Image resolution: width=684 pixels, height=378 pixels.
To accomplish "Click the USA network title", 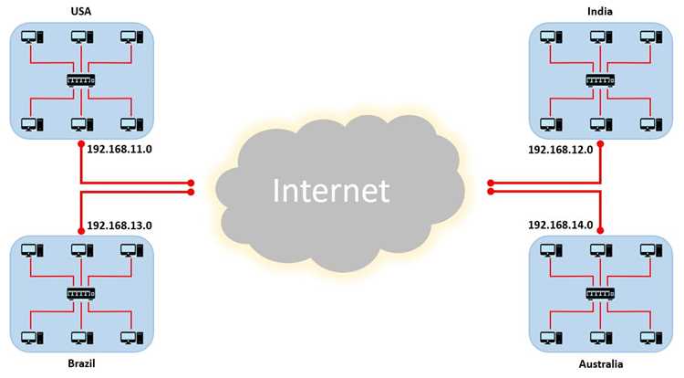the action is (x=80, y=11).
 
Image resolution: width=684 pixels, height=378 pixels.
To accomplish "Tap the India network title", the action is (x=600, y=11).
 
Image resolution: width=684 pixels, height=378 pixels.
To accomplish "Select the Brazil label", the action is (x=81, y=363).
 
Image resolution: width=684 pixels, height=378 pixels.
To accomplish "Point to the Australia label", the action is (x=601, y=363).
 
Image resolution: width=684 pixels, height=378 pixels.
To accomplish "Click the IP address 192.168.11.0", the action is (x=119, y=149).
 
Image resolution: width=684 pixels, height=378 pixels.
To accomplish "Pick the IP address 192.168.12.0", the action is (x=561, y=150).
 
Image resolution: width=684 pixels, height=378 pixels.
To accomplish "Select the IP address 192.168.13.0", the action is (x=119, y=226).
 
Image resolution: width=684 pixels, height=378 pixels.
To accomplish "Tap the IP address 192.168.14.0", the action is (x=561, y=225).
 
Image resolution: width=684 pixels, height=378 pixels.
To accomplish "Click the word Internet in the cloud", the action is (x=331, y=190).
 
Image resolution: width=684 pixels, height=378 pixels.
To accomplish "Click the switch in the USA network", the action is (x=80, y=80).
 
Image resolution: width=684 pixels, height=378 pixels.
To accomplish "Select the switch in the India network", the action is (x=600, y=80).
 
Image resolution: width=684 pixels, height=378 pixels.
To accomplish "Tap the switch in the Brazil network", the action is (x=80, y=294).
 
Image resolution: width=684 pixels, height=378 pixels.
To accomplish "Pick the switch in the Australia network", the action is (x=600, y=294).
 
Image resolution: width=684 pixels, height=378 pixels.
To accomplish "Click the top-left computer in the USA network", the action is (x=32, y=37).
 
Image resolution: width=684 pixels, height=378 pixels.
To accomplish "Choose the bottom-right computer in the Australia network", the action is (x=651, y=338).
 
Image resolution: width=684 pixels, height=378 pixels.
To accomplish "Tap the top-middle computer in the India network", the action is (x=601, y=37).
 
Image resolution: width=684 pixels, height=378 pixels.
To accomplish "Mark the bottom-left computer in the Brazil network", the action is (x=32, y=338).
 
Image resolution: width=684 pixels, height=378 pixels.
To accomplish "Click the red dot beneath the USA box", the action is (x=81, y=144).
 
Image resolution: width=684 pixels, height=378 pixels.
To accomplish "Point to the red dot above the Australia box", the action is (x=600, y=230).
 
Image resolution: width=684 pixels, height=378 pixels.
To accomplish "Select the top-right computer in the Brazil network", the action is (x=131, y=250).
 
